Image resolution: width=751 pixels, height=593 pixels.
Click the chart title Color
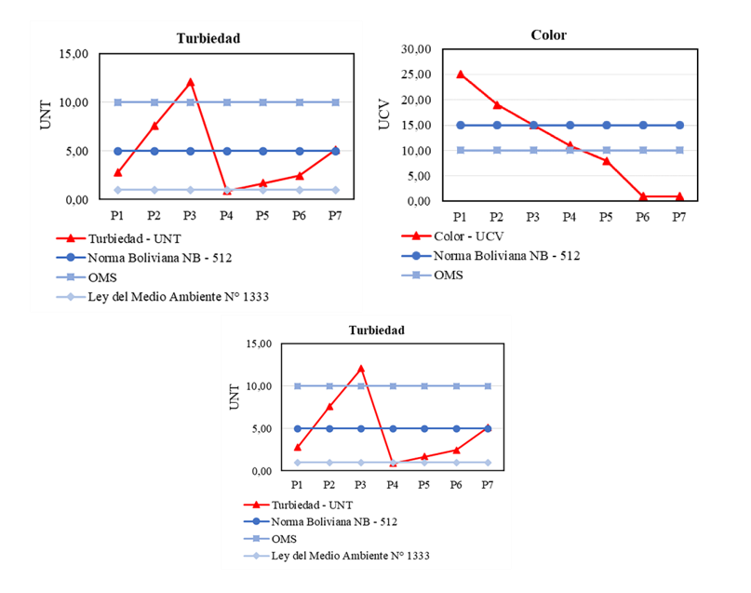tap(548, 35)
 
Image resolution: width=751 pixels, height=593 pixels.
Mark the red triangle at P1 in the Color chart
tap(460, 74)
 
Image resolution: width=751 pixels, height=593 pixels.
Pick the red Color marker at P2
tap(497, 104)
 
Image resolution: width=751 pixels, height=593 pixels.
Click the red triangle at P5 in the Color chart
tap(606, 160)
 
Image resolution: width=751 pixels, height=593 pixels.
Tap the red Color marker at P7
tap(678, 195)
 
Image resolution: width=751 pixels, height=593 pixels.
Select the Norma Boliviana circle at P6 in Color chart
tap(642, 125)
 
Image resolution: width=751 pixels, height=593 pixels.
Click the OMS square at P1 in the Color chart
tap(460, 150)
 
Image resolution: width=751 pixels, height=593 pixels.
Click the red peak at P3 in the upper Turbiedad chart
tap(190, 82)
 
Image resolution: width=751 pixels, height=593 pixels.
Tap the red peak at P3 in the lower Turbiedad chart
tap(360, 368)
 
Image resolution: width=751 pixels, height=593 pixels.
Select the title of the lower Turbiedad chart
tap(376, 330)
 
